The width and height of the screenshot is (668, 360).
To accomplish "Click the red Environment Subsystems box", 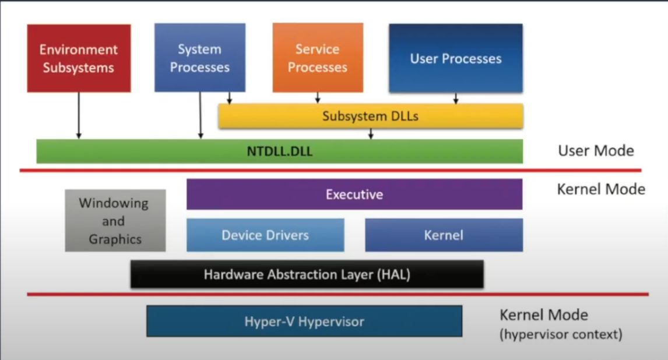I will [79, 58].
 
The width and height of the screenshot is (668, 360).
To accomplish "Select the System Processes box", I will [199, 58].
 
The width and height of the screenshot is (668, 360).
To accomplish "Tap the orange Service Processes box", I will [318, 58].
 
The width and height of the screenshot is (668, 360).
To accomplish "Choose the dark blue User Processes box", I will [455, 58].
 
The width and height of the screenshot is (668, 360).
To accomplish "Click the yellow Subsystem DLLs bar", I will [370, 117].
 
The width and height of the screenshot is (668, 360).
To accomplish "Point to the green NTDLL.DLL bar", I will [279, 151].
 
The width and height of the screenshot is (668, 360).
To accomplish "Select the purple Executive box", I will [354, 194].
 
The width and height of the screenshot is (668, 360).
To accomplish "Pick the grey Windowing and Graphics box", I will [115, 221].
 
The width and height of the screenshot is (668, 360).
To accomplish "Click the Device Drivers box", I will [265, 235].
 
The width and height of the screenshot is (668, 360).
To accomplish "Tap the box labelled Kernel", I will [444, 235].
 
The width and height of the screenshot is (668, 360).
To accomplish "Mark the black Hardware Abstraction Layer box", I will [307, 274].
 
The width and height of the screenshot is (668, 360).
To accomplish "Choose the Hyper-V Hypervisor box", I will [304, 321].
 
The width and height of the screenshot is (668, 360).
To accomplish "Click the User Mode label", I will [596, 151].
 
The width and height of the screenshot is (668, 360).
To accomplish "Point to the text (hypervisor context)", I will [561, 335].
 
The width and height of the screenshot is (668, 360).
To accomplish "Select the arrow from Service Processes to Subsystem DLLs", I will [318, 98].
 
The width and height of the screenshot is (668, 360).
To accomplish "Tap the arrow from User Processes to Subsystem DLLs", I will [455, 98].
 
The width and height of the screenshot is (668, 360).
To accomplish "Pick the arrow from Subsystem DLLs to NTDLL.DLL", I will [370, 134].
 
